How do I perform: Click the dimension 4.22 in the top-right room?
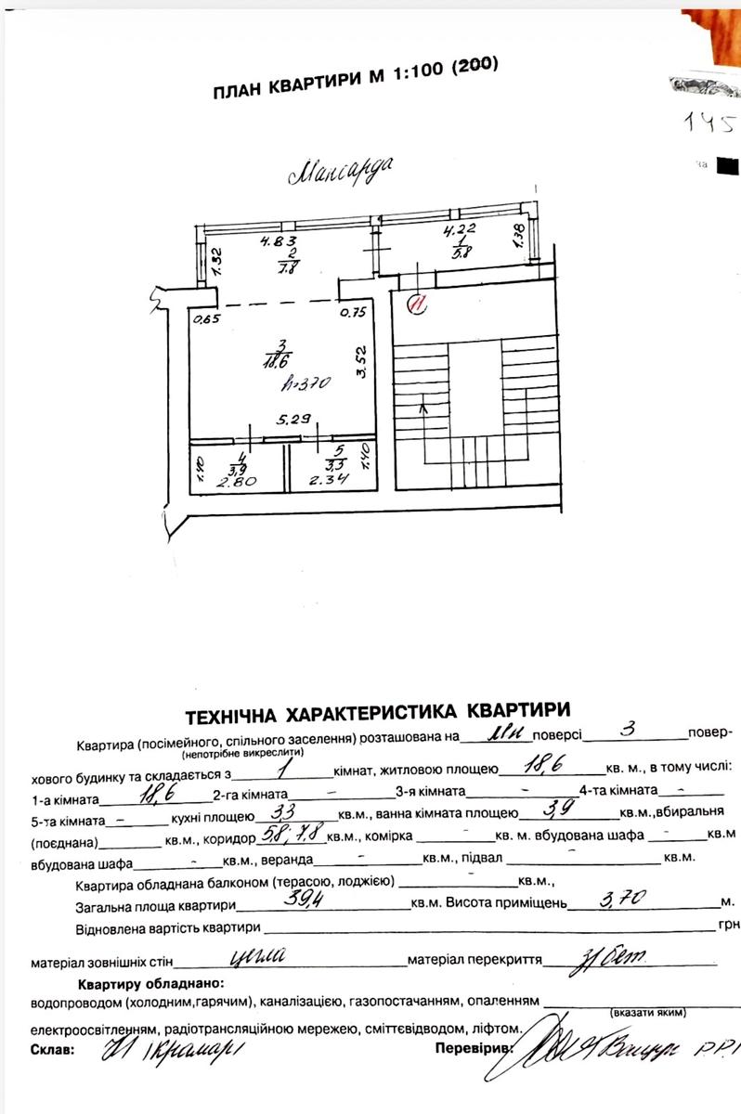coord(461,232)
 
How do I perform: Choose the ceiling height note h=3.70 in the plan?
coord(302,382)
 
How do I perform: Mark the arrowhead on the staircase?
coord(424,405)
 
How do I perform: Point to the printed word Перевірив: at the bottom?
coord(473,1048)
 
